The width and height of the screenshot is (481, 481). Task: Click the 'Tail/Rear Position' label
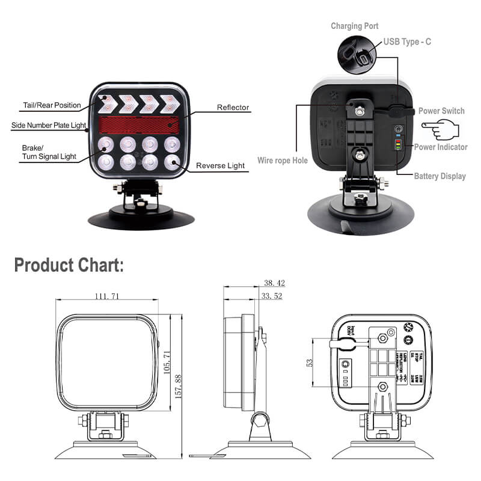coord(52,105)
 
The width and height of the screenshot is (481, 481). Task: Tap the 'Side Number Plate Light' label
coord(48,126)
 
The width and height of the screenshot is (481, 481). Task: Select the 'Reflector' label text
coord(233,108)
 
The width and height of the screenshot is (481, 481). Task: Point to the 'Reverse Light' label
coord(220,165)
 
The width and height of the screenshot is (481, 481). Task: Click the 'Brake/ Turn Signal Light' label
coord(49,152)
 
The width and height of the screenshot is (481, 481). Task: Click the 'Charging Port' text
coord(354,26)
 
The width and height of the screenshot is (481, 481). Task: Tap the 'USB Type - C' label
coord(407,42)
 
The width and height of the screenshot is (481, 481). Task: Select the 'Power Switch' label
coord(441,111)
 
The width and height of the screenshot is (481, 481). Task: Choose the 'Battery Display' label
coord(440,176)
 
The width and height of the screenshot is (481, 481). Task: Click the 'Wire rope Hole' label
coord(282,161)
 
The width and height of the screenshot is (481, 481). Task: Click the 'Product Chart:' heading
coord(69,265)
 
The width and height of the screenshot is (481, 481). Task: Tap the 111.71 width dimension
coord(107,296)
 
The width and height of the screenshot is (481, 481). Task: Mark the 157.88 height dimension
coord(178,385)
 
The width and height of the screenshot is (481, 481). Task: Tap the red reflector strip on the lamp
coord(139,125)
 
